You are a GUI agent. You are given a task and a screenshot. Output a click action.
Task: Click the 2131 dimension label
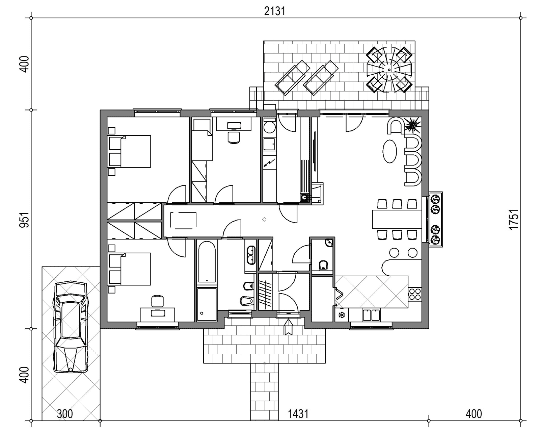coord(275,11)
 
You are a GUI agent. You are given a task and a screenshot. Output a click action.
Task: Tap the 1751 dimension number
coord(514,219)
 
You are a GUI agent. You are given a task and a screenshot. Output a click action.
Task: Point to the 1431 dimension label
coord(298,414)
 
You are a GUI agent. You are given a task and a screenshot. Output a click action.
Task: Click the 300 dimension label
coord(65,414)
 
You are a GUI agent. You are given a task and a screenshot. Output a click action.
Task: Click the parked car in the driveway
coord(71,327)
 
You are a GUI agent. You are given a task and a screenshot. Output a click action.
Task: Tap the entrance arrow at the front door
coord(289,327)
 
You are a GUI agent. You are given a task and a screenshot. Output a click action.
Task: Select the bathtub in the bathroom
coord(207,262)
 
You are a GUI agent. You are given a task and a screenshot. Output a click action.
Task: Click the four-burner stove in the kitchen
coord(414,294)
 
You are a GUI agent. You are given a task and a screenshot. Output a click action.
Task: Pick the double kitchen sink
coord(371,315)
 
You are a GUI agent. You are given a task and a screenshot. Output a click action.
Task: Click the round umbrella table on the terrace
coord(389,70)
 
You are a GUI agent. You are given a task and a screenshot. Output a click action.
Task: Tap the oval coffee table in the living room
coord(390,151)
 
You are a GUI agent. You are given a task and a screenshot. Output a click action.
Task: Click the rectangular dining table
coord(397,219)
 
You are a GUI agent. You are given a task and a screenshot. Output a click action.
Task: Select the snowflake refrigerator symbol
coord(342,315)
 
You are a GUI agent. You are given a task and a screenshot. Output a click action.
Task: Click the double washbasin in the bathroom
coord(251,255)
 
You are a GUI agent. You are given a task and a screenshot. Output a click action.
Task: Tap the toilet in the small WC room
coord(323,265)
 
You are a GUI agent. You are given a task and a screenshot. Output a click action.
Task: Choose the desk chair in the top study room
coord(234,137)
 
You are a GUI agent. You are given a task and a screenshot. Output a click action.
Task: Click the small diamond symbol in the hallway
coord(264,219)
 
